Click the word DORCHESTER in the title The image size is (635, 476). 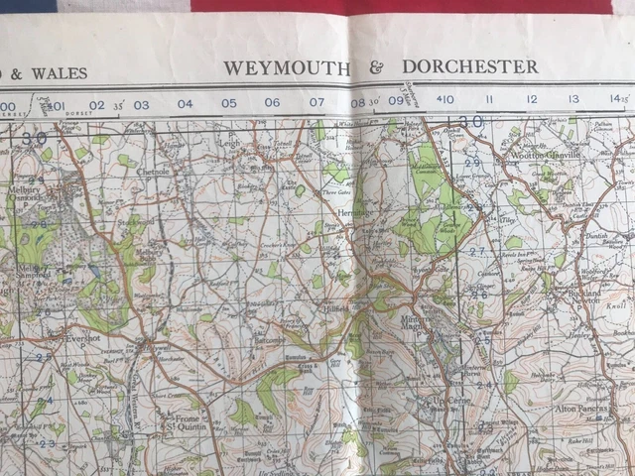tap(470, 66)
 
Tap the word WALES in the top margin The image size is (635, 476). tap(59, 72)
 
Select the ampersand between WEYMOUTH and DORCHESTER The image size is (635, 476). tap(376, 67)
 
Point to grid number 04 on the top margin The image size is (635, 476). tap(186, 103)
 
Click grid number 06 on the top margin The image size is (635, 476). tap(272, 102)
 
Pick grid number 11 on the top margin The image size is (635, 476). tap(489, 100)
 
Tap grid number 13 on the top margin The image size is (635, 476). tap(573, 99)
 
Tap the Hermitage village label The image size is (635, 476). tap(358, 213)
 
